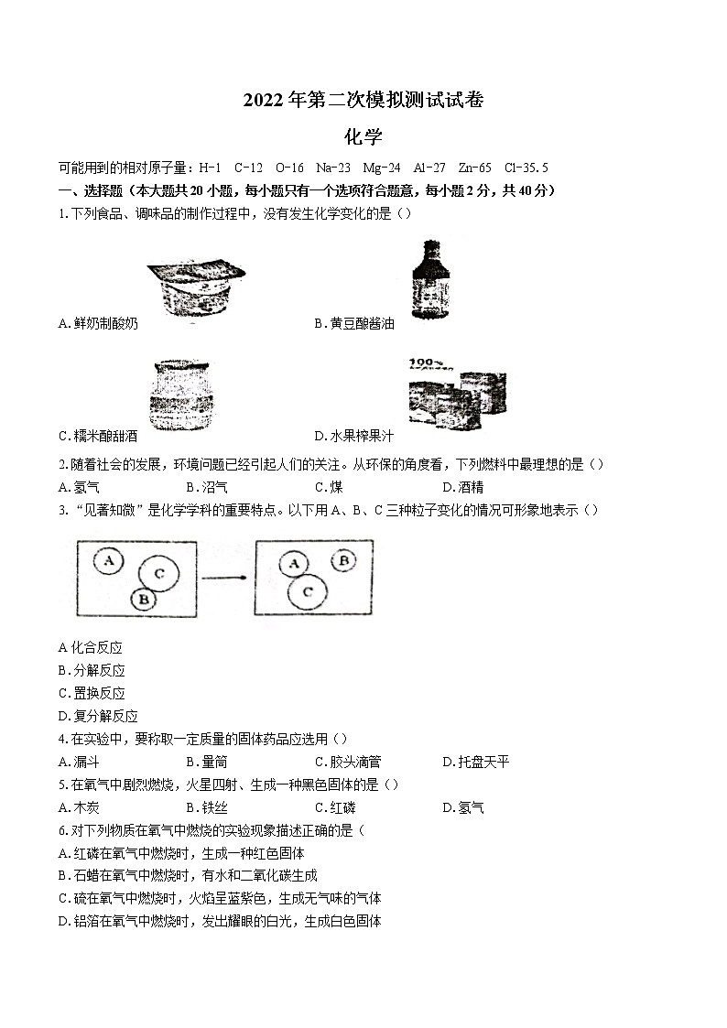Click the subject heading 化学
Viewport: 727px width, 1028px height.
(363, 137)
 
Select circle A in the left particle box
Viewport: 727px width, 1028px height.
(110, 560)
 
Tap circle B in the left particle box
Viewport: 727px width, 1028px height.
(142, 600)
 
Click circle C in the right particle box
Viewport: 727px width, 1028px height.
(307, 592)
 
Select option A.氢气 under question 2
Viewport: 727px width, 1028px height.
(79, 487)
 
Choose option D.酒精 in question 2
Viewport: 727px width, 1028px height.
(462, 487)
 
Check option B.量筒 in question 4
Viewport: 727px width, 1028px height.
(206, 762)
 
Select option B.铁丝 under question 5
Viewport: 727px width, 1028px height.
(206, 807)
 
